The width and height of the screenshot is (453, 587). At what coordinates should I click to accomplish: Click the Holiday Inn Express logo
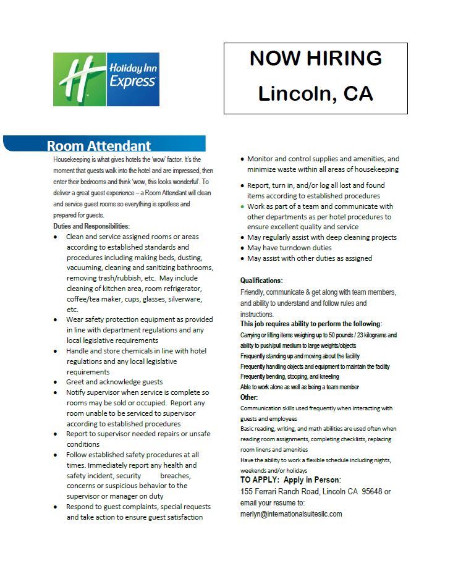click(106, 79)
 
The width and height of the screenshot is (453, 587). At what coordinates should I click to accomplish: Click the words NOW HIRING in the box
click(315, 58)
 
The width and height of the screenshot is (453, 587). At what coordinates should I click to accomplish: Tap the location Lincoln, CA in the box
click(315, 93)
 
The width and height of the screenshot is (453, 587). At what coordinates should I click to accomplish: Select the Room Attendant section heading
click(99, 146)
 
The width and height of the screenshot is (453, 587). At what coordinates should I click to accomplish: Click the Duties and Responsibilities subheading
click(91, 226)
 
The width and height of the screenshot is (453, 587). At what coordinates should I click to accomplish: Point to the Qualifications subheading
click(261, 280)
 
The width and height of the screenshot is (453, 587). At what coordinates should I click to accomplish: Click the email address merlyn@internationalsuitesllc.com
click(290, 513)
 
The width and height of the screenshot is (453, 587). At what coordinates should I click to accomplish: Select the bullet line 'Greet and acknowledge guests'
click(114, 382)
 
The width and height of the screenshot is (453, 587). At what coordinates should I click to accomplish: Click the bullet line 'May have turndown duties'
click(289, 248)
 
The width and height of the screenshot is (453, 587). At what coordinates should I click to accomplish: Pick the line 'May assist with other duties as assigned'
click(310, 258)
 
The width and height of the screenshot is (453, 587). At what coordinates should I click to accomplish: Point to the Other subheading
click(249, 397)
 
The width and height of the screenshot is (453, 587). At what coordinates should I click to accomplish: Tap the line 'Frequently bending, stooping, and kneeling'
click(289, 376)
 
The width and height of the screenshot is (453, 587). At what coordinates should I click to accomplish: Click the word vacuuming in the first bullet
click(86, 268)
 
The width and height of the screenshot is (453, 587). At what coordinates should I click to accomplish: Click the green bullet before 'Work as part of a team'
click(242, 206)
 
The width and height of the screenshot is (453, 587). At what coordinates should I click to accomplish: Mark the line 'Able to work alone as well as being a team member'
click(299, 387)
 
